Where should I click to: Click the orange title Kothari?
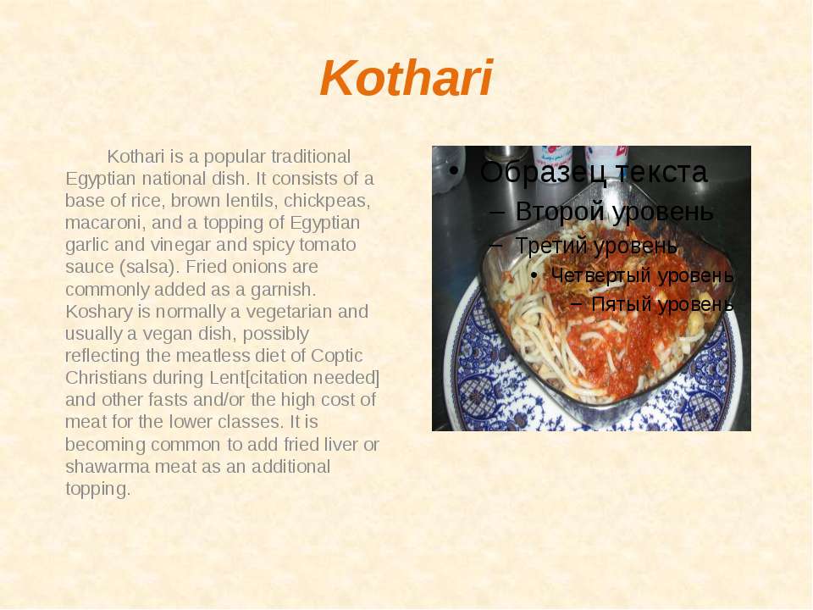(x=406, y=78)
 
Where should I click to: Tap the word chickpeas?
(x=327, y=201)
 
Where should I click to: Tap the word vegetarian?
(x=289, y=311)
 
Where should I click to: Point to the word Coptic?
(x=336, y=356)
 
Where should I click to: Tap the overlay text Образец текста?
(x=593, y=172)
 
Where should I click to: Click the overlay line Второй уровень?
(x=615, y=212)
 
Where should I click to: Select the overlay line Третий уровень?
(x=596, y=245)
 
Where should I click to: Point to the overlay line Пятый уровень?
(x=662, y=304)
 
